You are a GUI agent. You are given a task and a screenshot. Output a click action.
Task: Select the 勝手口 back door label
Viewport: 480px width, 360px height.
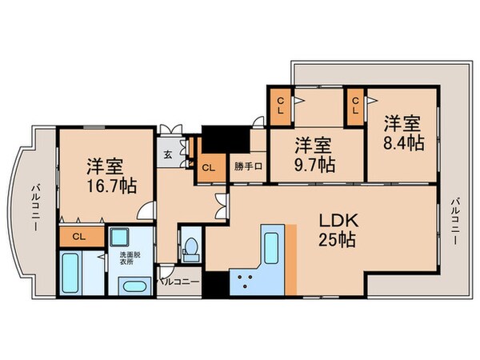[247, 167]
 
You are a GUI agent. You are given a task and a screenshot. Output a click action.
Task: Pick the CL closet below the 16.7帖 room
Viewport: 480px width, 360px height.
[78, 236]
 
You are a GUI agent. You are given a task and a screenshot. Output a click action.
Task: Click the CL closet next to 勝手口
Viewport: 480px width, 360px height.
[207, 167]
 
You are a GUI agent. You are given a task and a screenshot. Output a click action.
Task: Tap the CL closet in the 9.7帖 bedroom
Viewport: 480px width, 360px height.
[281, 106]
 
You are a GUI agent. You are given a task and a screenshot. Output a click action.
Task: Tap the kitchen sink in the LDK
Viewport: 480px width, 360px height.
[270, 246]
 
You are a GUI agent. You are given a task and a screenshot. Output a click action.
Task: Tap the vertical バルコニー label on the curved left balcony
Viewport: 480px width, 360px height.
[35, 207]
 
